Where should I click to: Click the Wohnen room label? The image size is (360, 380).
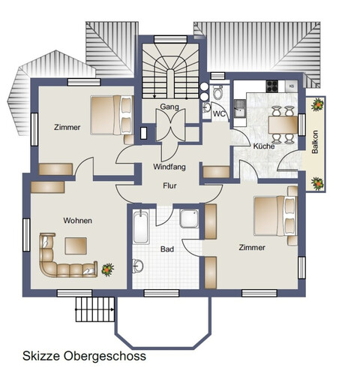pyautogui.click(x=78, y=220)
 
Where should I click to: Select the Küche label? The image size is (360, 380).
pyautogui.click(x=262, y=146)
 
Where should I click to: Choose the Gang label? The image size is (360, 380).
pyautogui.click(x=169, y=107)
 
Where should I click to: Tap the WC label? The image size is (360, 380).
pyautogui.click(x=219, y=114)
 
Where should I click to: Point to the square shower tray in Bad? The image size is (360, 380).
pyautogui.click(x=188, y=219)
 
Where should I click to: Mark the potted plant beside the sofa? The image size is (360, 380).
pyautogui.click(x=108, y=267)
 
